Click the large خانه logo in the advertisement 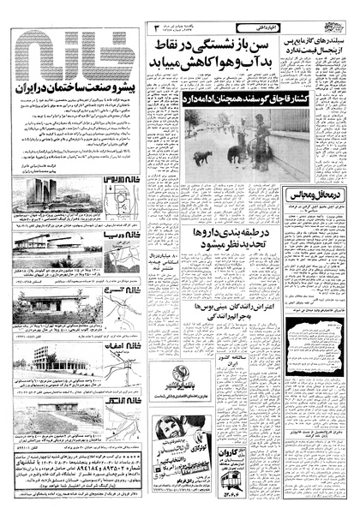pyautogui.click(x=73, y=56)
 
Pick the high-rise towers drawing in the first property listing pyautogui.click(x=34, y=194)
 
